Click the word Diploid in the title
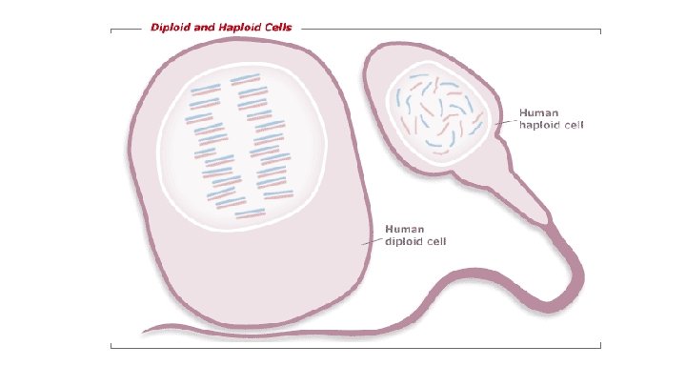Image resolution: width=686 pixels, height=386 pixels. [x=172, y=28]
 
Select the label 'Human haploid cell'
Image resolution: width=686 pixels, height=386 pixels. [x=551, y=118]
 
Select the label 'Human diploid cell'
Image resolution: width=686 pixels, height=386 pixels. [x=415, y=234]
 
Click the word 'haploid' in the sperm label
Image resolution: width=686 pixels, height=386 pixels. [x=540, y=124]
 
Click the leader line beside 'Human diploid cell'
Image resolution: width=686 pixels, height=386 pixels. [x=372, y=239]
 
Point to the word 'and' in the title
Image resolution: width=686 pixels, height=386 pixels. [x=208, y=28]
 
